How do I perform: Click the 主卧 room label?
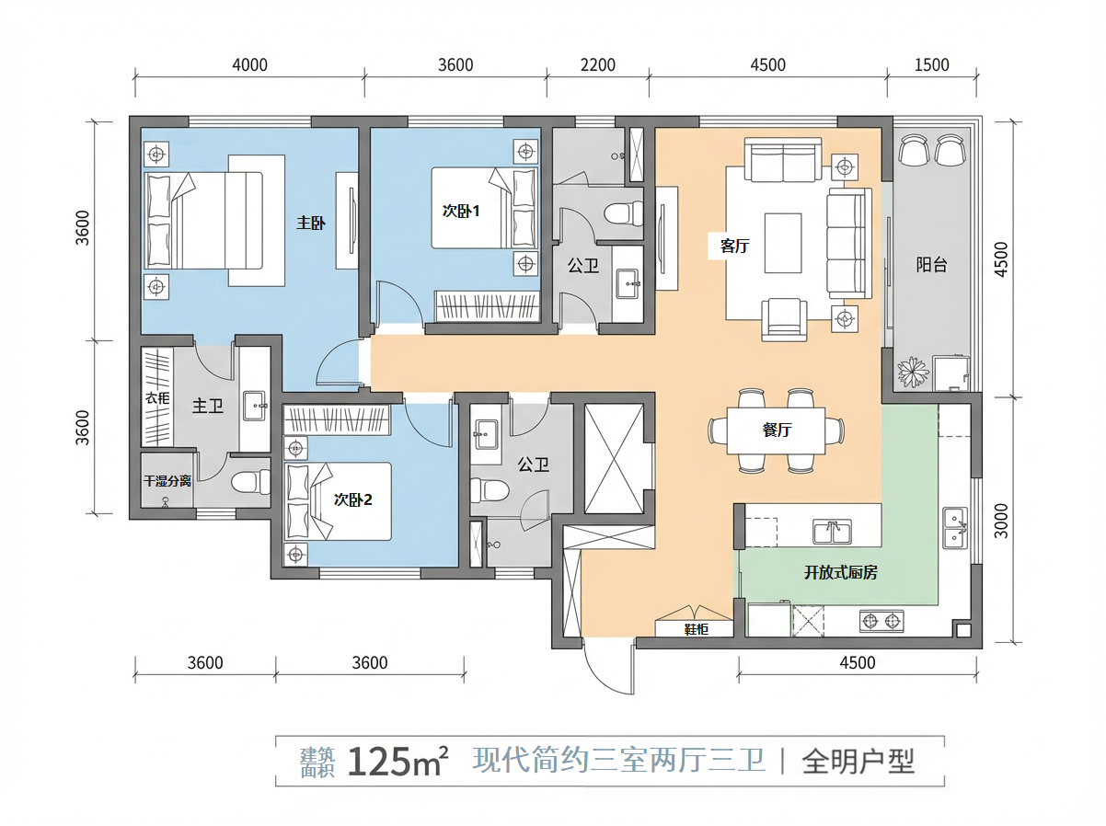310,223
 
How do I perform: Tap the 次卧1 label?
462,211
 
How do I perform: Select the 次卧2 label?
353,500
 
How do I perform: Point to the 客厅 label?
734,246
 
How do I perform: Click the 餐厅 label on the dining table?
778,430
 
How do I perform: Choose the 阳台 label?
931,265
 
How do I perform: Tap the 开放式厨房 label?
840,572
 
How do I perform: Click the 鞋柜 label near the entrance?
696,629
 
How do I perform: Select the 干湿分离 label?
167,480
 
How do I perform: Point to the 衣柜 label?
157,398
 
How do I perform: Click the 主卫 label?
208,406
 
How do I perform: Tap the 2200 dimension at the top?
597,64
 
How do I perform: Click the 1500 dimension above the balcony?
931,64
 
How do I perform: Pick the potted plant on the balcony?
913,373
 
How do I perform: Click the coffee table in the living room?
783,243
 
